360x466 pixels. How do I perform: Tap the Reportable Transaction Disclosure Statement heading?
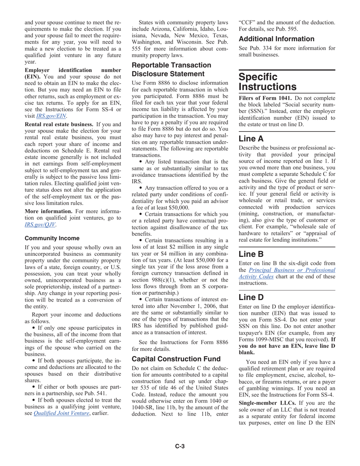coord(171,70)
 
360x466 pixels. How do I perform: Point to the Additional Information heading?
coord(276,39)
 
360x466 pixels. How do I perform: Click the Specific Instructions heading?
coord(263,82)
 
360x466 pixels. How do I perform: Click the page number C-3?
coord(180,447)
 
